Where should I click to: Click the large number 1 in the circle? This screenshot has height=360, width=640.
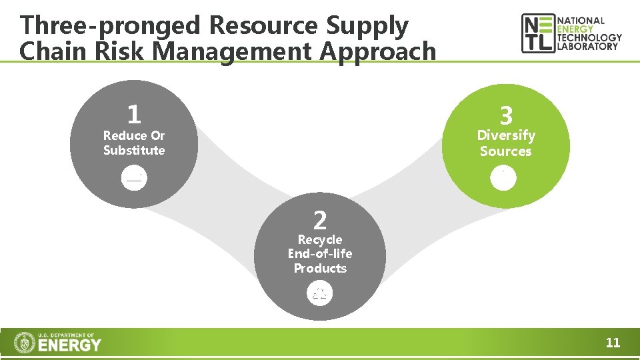(x=134, y=114)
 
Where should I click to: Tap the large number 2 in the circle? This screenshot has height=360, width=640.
(x=320, y=219)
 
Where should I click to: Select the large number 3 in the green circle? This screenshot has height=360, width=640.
(x=506, y=116)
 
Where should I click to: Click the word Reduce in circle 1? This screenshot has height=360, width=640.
(x=125, y=135)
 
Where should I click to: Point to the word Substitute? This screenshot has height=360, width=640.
(x=134, y=150)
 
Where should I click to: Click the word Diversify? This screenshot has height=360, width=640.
(x=506, y=135)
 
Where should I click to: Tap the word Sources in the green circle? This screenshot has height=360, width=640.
(x=506, y=151)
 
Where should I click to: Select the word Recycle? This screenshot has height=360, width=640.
(x=320, y=239)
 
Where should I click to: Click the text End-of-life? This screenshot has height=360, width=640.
(x=320, y=253)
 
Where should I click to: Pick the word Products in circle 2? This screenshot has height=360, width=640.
(x=320, y=268)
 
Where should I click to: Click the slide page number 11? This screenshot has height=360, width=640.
(x=613, y=343)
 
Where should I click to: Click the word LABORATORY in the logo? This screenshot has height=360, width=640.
(x=588, y=47)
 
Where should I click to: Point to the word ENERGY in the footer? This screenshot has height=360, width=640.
(x=70, y=345)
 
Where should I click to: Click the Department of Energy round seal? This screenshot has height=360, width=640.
(x=25, y=343)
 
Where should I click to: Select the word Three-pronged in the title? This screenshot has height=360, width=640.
(x=110, y=25)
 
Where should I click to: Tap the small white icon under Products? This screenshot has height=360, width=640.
(x=320, y=293)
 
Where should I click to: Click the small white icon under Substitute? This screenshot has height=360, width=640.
(x=134, y=177)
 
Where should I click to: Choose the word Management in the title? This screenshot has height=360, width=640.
(x=229, y=51)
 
